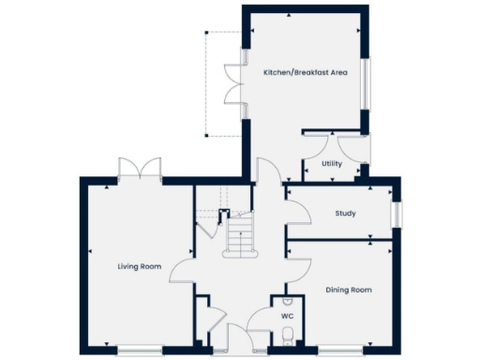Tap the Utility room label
coord(331,164)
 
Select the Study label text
coord(345,214)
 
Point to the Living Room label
coord(140,267)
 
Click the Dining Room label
coord(349,291)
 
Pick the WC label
coord(287,316)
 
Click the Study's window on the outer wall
coord(396,214)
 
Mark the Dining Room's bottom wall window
coord(343,352)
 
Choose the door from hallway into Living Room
coord(185,269)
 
